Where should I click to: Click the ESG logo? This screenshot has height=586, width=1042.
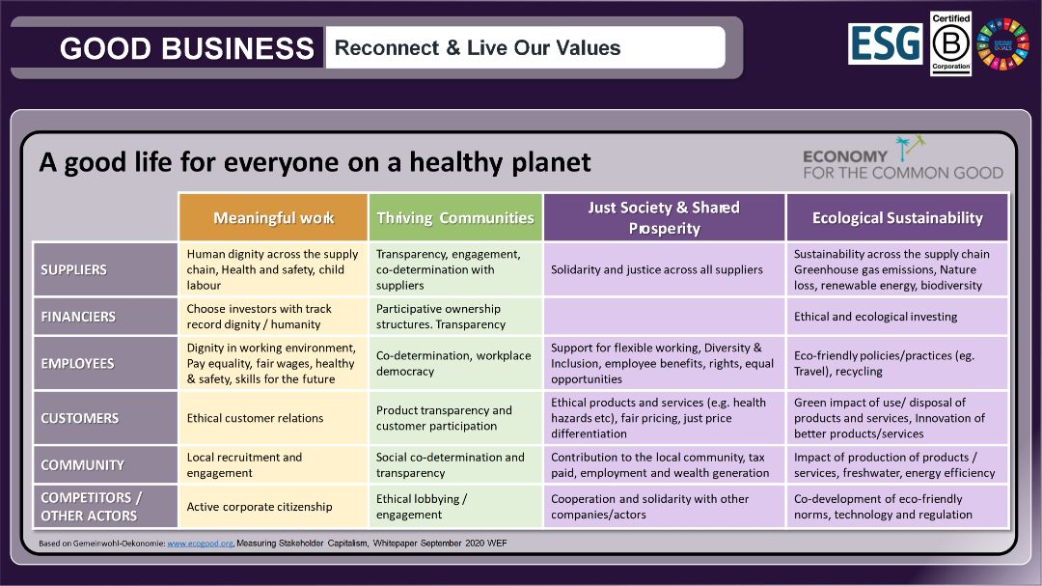[885, 43]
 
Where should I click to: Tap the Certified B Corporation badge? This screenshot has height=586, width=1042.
[950, 43]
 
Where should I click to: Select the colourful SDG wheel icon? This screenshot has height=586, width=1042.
[1002, 43]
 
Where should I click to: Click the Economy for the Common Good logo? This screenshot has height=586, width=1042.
[902, 158]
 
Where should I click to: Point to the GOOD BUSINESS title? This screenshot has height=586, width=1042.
[187, 48]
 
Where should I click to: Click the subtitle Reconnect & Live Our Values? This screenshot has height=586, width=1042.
[478, 48]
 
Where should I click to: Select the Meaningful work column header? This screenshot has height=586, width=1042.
[273, 217]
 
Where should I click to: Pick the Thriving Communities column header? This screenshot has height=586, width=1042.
[455, 217]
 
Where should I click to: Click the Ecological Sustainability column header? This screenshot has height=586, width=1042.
[897, 217]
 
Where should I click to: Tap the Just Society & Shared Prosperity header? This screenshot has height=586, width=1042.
[664, 217]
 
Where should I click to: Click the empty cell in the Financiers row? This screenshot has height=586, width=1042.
[664, 317]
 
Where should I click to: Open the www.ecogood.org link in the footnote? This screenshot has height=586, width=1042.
[200, 544]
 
